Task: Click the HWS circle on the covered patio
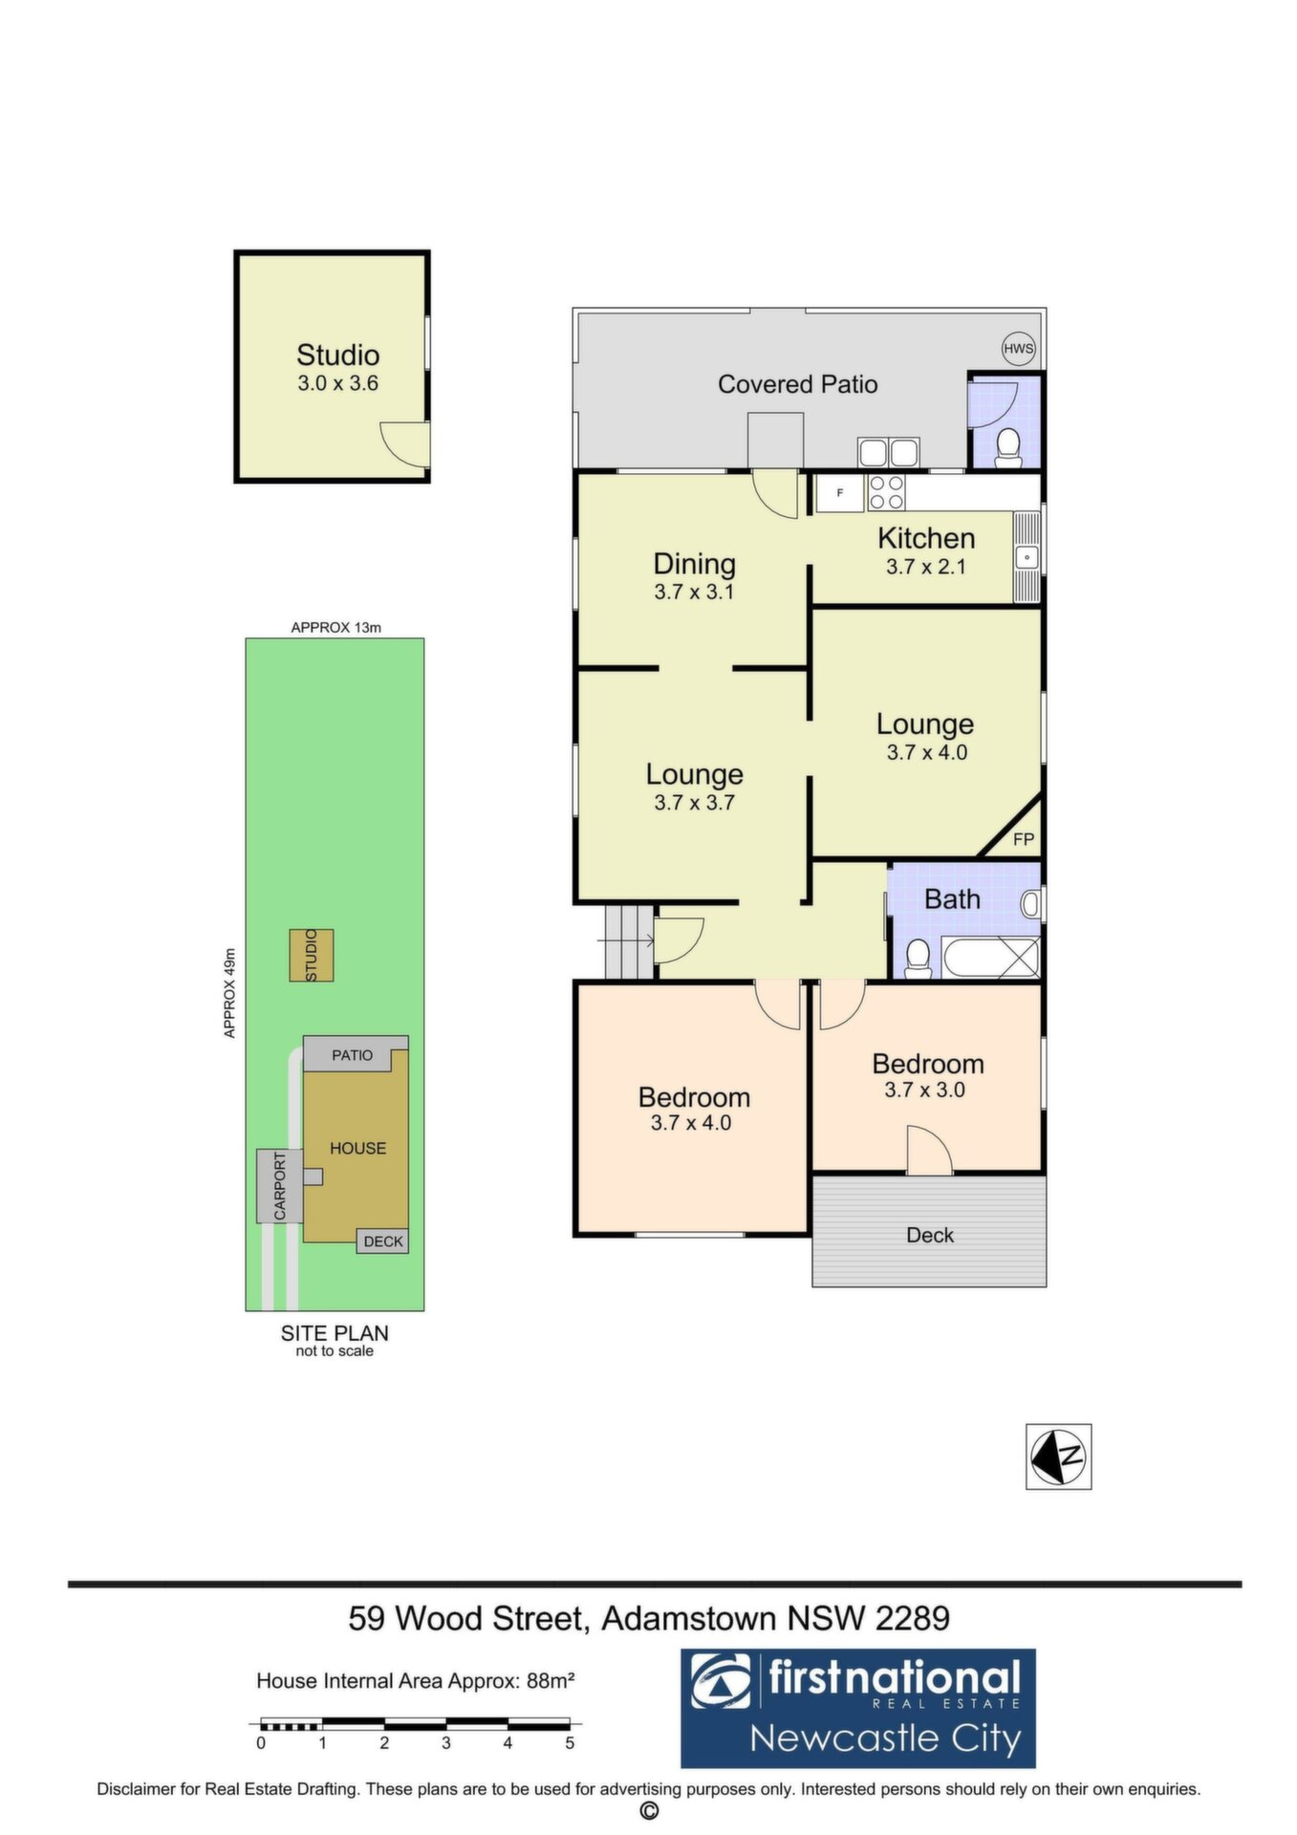1019,349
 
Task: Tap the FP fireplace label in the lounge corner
1024,839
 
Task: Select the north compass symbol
1059,1457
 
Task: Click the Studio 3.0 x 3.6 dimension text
338,383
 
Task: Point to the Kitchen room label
926,538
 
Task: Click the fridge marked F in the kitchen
840,493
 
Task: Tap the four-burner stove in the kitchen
887,492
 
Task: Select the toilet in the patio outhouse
1007,448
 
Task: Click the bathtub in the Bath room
990,958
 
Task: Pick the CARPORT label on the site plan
280,1186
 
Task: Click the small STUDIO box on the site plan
312,955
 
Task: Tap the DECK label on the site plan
383,1241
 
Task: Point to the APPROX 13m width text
336,628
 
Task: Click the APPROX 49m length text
229,993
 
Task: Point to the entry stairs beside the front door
629,941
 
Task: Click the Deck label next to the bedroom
930,1235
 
